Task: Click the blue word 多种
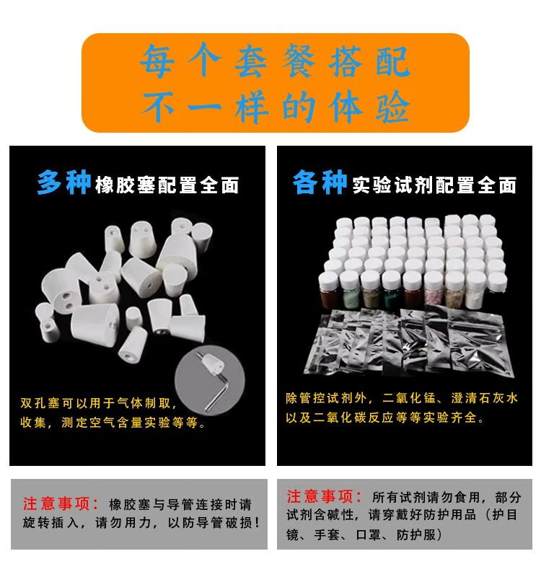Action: pos(63,182)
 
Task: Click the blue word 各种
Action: pos(320,182)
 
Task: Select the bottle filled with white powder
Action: pos(475,291)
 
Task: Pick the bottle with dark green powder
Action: pos(391,291)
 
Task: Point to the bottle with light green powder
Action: pos(349,291)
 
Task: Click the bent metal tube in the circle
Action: pos(216,391)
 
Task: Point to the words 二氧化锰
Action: pos(409,398)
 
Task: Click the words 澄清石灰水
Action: pos(484,398)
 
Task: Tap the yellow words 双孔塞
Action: pos(40,403)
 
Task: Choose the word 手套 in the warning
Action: pos(327,534)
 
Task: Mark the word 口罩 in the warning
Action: pos(368,534)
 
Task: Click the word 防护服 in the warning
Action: pos(416,534)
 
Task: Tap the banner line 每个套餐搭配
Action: pos(275,61)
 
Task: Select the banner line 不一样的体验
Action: pos(275,107)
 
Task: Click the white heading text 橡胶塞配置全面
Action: pos(167,185)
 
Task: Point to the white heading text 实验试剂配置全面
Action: pos(434,185)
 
